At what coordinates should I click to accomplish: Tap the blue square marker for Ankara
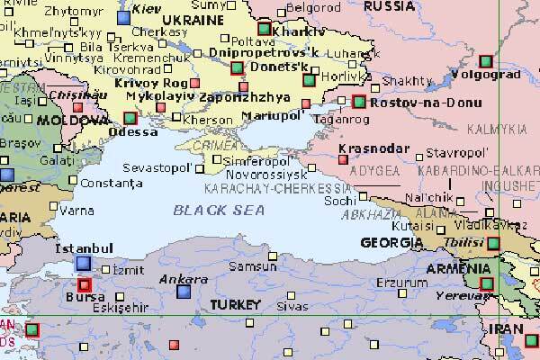point(184,292)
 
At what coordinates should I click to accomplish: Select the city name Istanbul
point(83,247)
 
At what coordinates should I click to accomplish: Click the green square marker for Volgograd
point(486,61)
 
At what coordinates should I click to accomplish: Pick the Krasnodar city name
point(369,148)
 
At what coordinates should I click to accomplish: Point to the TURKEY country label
point(235,305)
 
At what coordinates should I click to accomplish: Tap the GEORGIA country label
point(391,243)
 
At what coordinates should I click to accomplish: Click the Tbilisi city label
point(464,244)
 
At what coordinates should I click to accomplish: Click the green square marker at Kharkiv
point(264,30)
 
